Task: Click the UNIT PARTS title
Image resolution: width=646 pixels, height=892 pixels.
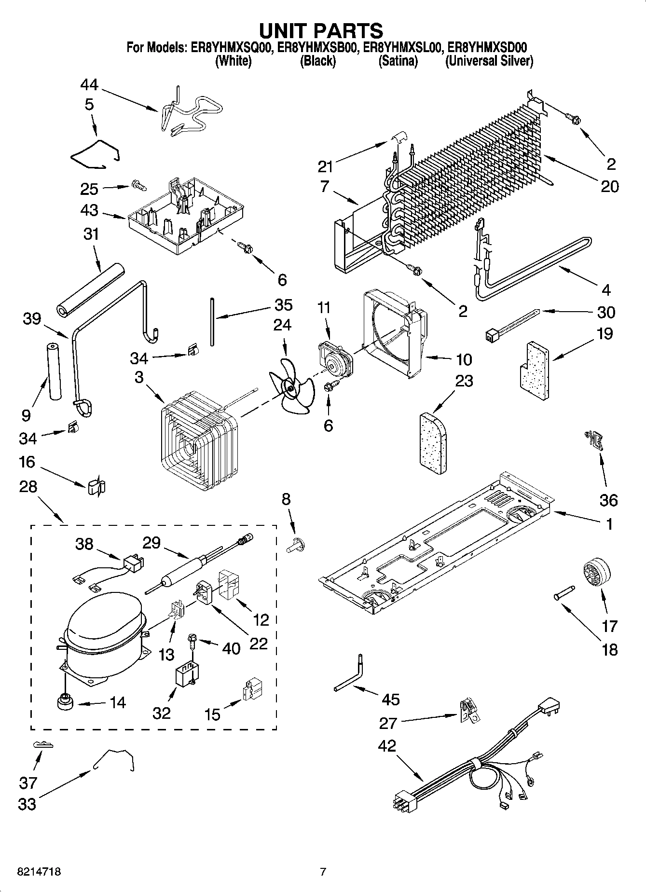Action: click(x=321, y=30)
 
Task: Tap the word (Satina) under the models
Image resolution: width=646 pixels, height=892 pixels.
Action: click(x=398, y=61)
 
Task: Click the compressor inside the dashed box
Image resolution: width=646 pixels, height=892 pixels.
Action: click(x=104, y=637)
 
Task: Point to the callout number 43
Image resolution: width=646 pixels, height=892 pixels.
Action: click(x=90, y=211)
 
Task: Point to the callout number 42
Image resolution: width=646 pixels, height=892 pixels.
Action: click(x=387, y=746)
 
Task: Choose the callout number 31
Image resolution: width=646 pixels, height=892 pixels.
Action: click(x=91, y=234)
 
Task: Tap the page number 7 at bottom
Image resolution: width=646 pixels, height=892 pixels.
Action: click(x=323, y=871)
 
